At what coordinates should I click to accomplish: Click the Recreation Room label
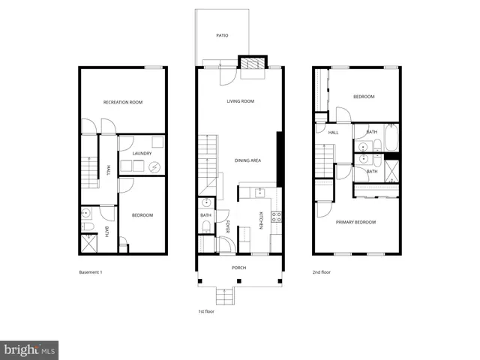[124, 102]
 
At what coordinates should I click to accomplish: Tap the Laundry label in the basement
[142, 154]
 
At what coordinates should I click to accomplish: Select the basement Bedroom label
[142, 215]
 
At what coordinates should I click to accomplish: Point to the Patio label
[222, 35]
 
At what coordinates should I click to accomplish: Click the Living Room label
[241, 102]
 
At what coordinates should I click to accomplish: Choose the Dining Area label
[247, 160]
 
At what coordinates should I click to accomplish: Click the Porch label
[239, 268]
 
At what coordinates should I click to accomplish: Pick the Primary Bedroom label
[355, 222]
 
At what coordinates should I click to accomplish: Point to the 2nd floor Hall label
[333, 133]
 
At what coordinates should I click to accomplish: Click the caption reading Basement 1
[90, 272]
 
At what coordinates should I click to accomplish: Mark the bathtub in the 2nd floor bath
[390, 136]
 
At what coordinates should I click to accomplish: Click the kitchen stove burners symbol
[275, 218]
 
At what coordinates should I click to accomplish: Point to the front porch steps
[224, 295]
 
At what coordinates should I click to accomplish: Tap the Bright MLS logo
[30, 349]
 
